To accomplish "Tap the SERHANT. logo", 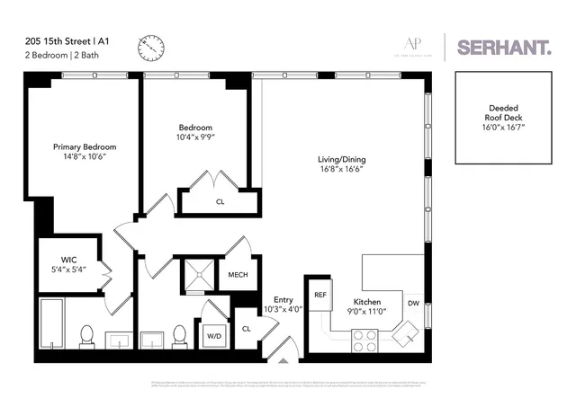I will point(503,48).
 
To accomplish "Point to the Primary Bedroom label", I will point(85,146).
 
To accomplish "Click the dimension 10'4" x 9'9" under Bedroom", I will point(195,138).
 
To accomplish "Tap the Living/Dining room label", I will point(341,160).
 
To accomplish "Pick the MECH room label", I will point(238,275).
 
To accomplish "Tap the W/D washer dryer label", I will point(214,336).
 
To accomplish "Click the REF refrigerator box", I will point(319,295).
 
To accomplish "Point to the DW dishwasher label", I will point(413,303).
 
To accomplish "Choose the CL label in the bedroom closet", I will point(220,202).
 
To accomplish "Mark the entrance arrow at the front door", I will point(285,360).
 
